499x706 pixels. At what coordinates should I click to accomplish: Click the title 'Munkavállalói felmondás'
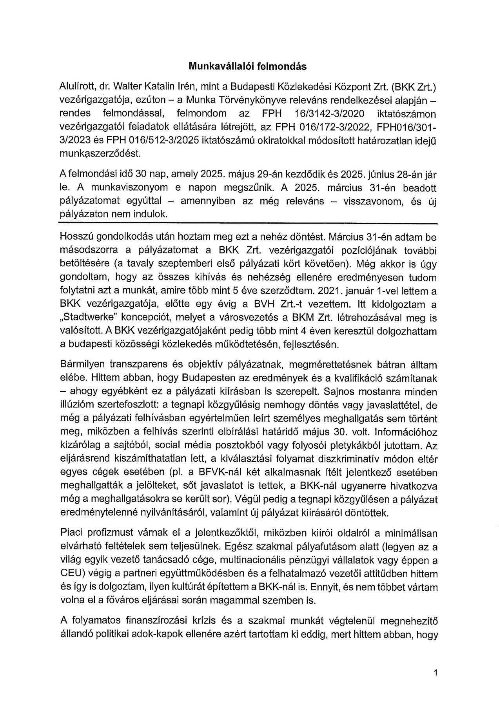coord(247,66)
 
